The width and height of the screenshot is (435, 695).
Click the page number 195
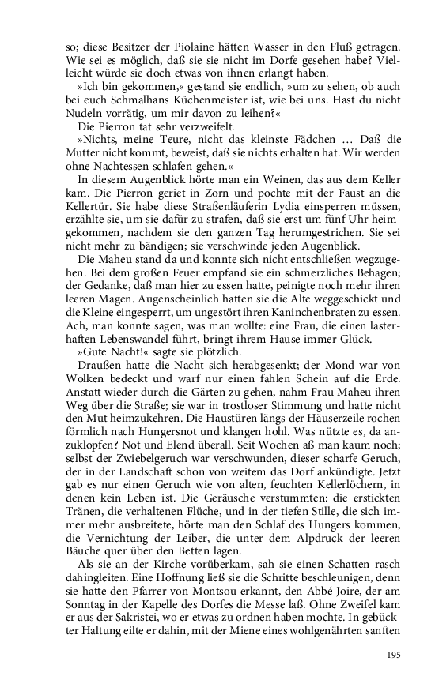395,655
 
